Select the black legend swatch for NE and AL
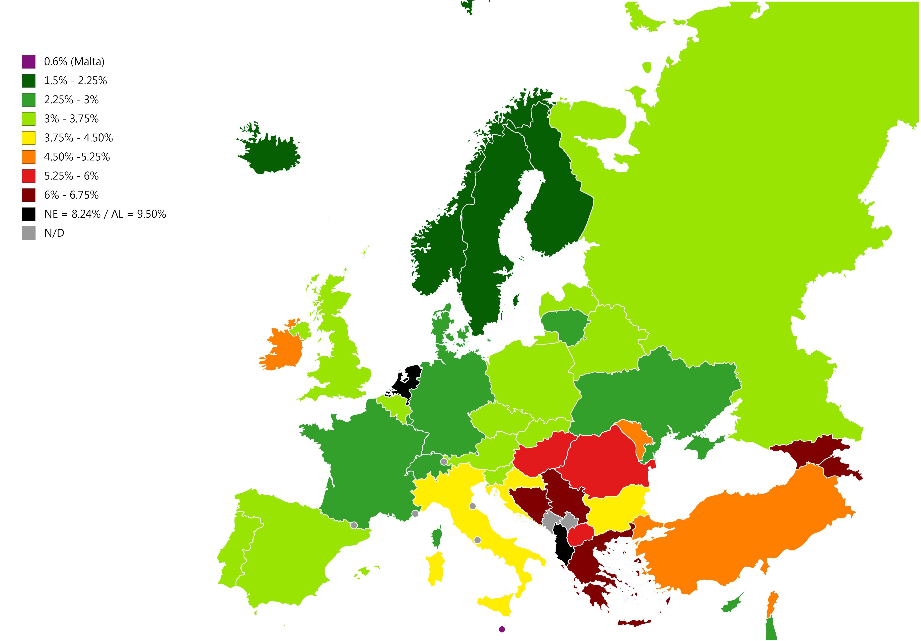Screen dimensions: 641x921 coord(28,214)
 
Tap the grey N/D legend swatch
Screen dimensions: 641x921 coord(28,233)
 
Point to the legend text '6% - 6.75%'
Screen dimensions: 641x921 coord(71,195)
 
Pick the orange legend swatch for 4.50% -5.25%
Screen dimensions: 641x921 coord(28,157)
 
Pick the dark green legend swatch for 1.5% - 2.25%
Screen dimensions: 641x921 coord(28,81)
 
